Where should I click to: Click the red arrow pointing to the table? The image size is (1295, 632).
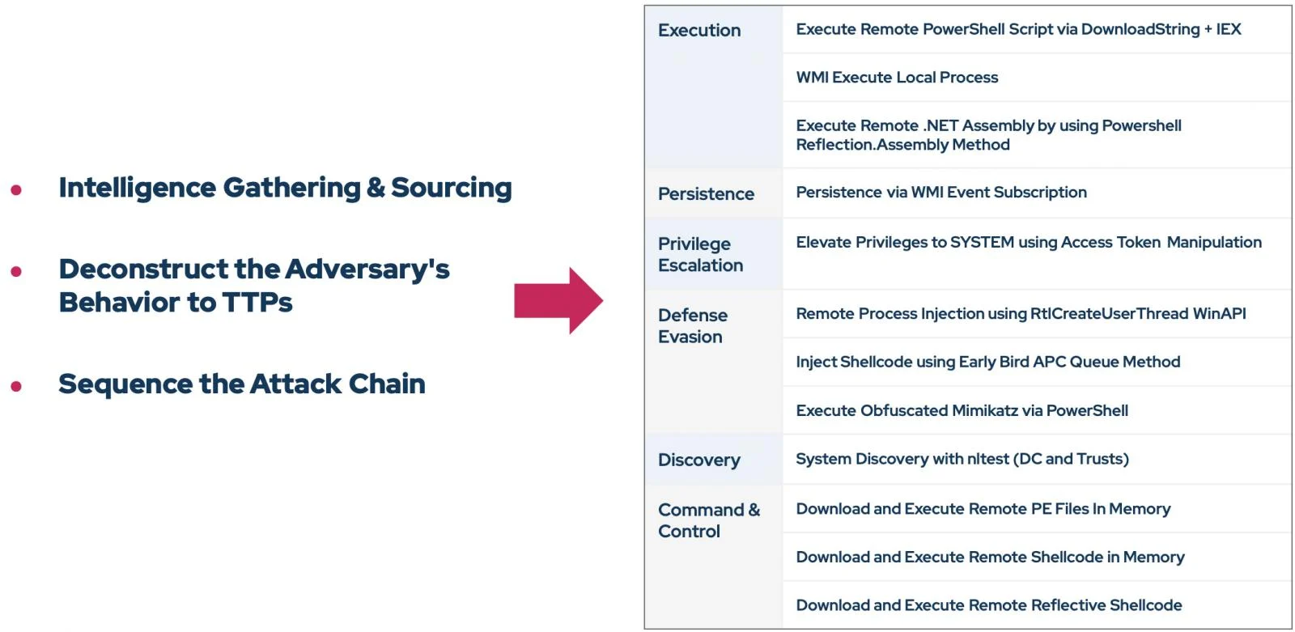[558, 301]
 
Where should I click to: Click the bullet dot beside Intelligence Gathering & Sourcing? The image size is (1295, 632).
[16, 189]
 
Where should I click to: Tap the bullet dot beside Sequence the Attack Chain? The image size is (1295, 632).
[16, 386]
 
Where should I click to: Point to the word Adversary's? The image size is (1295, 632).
[367, 269]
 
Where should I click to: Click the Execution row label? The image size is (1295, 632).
[699, 30]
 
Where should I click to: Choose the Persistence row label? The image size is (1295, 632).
[706, 193]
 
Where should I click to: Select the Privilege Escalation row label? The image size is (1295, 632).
[701, 254]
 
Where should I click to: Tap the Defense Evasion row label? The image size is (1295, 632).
[693, 325]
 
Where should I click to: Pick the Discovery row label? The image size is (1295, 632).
[699, 460]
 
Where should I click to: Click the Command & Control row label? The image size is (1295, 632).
[709, 520]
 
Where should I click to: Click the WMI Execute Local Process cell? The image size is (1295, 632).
[897, 78]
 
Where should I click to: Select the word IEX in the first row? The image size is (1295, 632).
[1229, 29]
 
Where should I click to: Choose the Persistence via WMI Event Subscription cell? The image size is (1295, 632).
[941, 192]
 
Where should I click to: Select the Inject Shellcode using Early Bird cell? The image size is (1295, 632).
[988, 362]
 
